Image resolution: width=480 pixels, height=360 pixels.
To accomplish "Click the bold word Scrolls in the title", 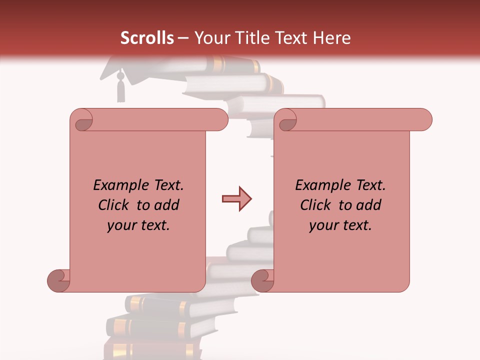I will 147,38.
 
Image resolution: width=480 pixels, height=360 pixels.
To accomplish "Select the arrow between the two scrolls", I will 236,199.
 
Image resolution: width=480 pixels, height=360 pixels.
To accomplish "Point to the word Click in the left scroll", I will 115,205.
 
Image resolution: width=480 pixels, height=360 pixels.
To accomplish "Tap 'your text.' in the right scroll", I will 340,225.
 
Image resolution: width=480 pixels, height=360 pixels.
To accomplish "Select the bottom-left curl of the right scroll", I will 262,280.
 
